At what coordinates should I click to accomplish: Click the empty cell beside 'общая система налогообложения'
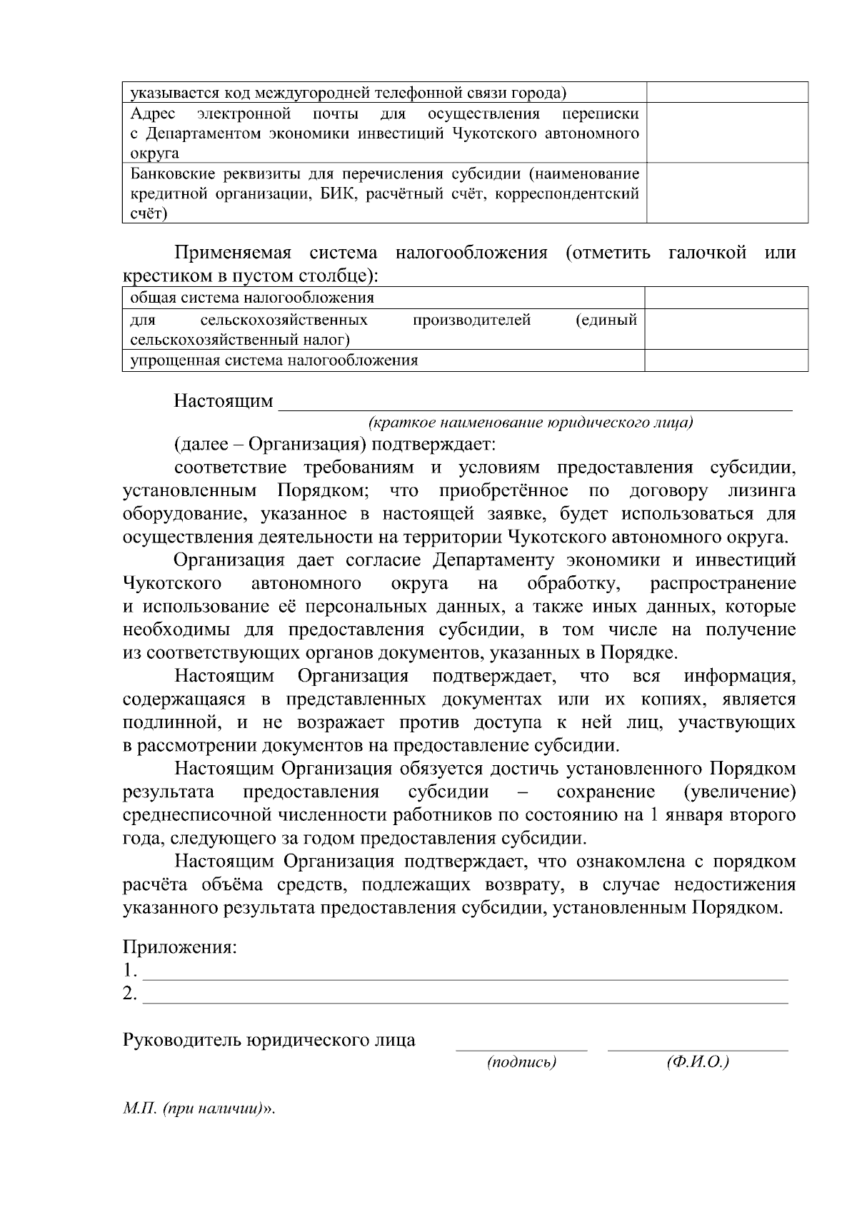tap(726, 298)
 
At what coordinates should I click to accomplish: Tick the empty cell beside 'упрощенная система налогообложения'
tap(726, 360)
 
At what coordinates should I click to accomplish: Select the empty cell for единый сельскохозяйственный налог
tap(726, 329)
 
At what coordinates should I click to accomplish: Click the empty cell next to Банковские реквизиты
tap(727, 193)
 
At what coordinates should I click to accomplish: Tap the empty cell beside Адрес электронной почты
tap(727, 133)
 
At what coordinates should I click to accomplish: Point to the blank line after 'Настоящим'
tap(534, 404)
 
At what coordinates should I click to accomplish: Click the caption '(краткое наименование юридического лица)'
tap(531, 423)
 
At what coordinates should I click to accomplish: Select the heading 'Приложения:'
tap(179, 948)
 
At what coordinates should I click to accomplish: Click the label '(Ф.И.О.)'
tap(698, 1063)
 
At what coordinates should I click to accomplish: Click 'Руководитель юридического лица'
tap(269, 1040)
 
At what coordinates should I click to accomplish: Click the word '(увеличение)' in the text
tap(738, 792)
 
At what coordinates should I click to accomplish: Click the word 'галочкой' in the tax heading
tap(708, 253)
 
